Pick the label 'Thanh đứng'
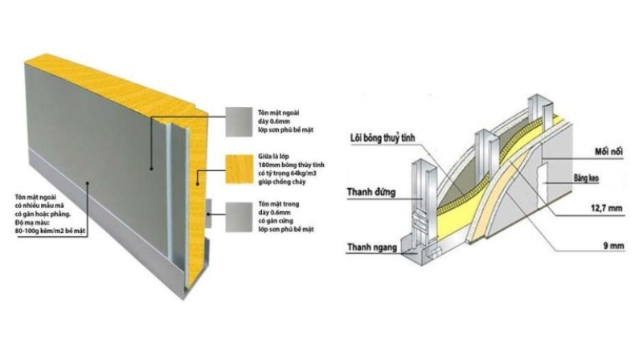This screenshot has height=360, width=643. [371, 191]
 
